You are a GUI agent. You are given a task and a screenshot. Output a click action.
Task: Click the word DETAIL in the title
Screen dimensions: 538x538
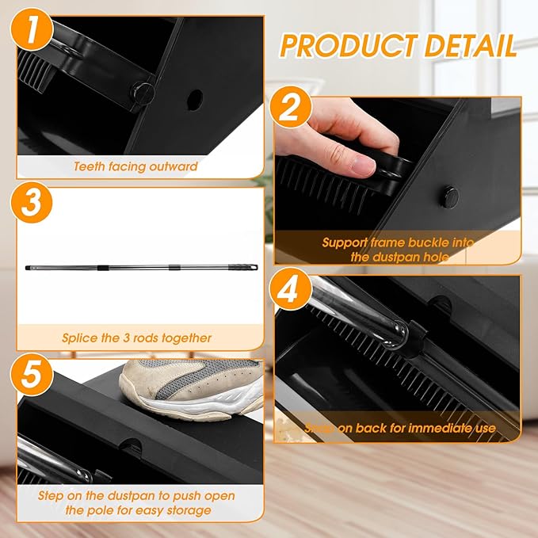coord(471,45)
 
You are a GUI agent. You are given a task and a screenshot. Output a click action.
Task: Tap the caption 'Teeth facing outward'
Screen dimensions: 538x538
coord(135,167)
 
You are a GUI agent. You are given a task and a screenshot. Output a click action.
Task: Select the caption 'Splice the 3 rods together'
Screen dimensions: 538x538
coord(137,338)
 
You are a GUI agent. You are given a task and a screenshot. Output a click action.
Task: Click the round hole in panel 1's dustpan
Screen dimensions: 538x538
coord(194,101)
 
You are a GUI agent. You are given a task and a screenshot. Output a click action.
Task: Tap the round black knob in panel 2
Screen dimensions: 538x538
coord(449,193)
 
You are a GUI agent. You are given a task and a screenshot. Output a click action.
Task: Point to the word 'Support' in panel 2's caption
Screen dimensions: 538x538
coord(346,242)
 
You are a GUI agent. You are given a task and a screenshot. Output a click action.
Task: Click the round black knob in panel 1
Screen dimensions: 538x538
coord(143,90)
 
